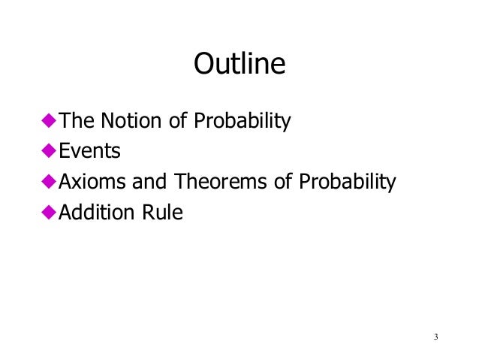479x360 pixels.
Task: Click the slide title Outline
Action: coord(239,64)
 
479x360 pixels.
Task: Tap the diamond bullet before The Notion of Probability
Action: coord(49,120)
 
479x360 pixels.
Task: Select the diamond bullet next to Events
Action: coord(49,151)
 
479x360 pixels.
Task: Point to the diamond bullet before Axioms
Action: coord(49,182)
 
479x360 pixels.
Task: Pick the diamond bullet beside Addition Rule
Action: coord(49,213)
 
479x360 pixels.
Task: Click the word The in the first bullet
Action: coord(74,120)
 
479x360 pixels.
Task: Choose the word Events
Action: coord(90,151)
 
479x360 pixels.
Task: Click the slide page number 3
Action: coord(435,335)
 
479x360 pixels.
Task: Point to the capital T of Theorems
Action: coord(180,182)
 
